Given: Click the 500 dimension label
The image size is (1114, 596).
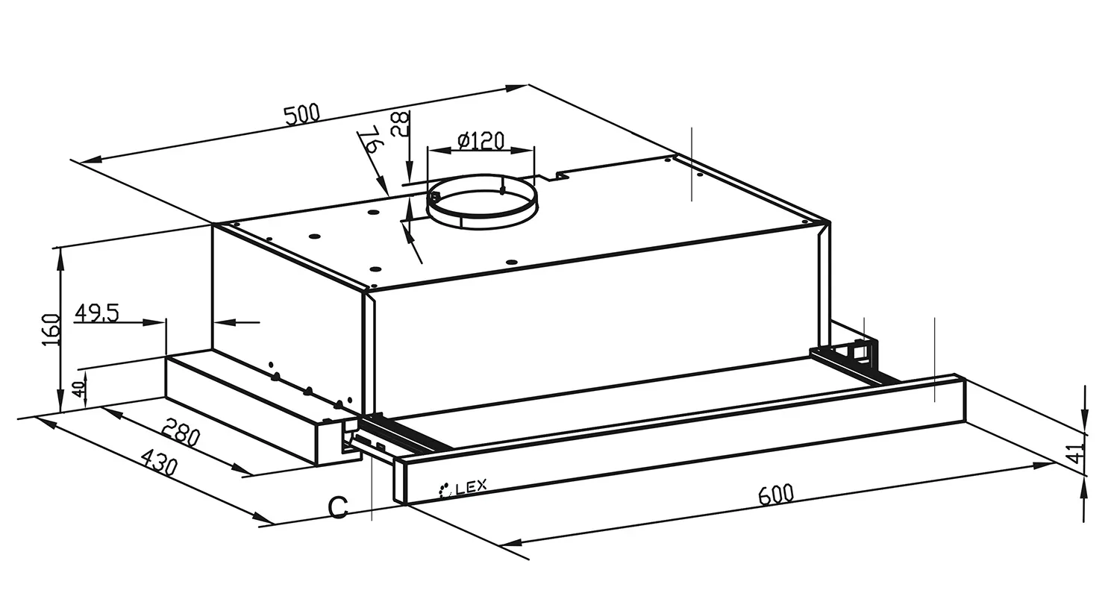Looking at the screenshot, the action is (x=302, y=114).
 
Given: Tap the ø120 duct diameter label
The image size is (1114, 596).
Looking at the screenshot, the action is (x=481, y=141).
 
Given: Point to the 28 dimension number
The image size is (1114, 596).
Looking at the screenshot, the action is (x=401, y=124).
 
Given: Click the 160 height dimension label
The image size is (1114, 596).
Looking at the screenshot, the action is (x=51, y=330).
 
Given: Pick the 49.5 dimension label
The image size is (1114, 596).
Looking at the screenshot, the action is (x=97, y=313).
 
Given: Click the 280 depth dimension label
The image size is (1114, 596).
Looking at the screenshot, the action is (x=182, y=433).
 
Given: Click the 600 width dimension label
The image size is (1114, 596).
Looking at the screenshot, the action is (x=776, y=494).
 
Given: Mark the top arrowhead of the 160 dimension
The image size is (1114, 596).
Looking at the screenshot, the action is (x=60, y=259).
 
